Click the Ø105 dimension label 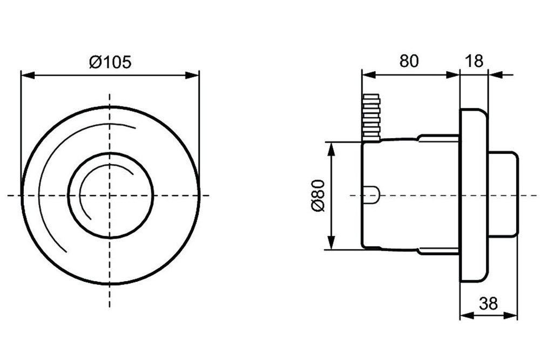pos(110,62)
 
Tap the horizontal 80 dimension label pos(409,61)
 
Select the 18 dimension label pos(474,61)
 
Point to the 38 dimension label pos(488,303)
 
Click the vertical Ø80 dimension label pos(318,195)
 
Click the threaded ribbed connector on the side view pos(372,118)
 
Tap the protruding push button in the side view pos(503,194)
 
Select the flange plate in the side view pos(474,195)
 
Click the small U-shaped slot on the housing pos(372,195)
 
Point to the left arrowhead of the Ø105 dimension pos(28,76)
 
